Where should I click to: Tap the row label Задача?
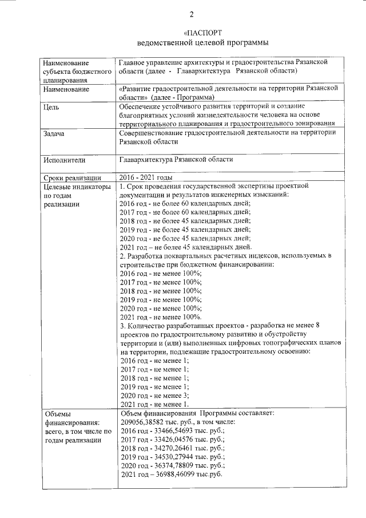point(54,134)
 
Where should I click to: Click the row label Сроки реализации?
point(72,177)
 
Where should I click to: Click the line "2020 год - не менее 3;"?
point(154,396)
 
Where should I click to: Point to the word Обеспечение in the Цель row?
point(142,106)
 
